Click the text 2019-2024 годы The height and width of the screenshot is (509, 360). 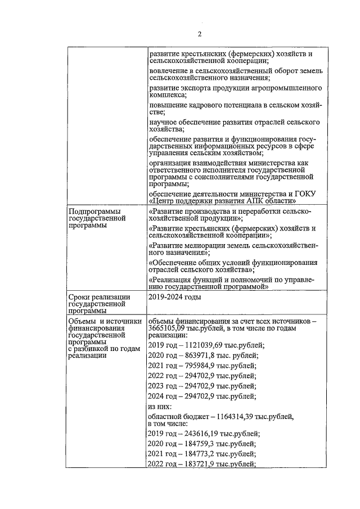coord(175,296)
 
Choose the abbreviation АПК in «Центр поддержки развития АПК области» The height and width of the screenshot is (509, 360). coord(261,200)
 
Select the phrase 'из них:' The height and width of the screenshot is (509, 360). coord(161,407)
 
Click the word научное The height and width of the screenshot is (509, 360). coord(164,122)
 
